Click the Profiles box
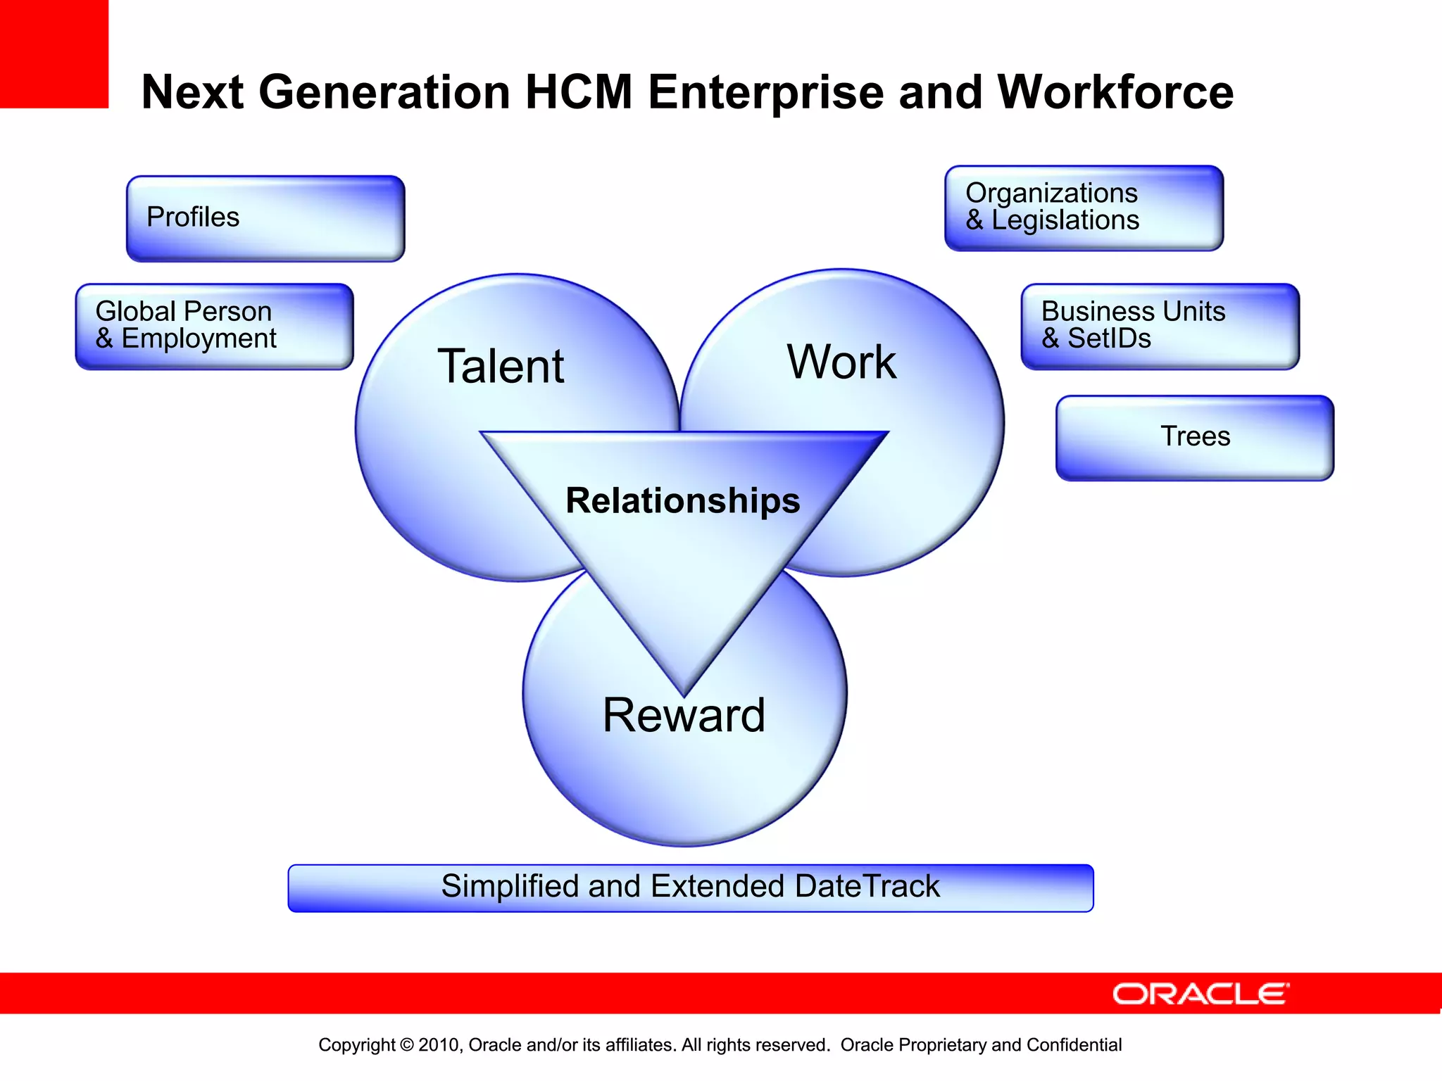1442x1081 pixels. tap(265, 219)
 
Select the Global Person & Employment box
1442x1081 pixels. tap(214, 327)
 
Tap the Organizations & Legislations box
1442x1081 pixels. tap(1084, 208)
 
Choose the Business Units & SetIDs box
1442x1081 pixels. tap(1160, 327)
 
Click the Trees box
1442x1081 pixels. tap(1195, 437)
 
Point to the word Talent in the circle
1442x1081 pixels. tap(501, 367)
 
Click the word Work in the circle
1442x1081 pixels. tap(841, 362)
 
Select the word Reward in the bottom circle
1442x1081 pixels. tap(684, 716)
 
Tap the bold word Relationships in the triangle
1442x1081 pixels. tap(682, 501)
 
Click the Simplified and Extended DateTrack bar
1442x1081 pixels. tap(690, 887)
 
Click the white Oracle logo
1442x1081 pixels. tap(1200, 994)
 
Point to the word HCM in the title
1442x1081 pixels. tap(579, 92)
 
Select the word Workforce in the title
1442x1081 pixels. tap(1115, 92)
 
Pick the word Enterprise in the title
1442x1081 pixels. tap(765, 92)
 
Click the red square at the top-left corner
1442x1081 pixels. tap(54, 53)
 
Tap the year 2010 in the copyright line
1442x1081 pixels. tap(439, 1045)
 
